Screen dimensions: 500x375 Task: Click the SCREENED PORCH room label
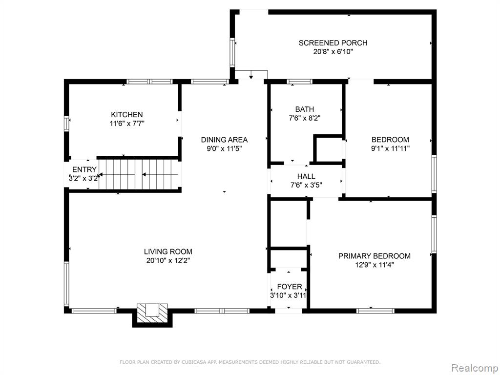[333, 43]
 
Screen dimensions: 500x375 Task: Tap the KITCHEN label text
[126, 114]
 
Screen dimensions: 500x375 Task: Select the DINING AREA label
[224, 139]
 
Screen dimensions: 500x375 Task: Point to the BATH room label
[305, 109]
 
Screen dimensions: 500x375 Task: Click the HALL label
[306, 176]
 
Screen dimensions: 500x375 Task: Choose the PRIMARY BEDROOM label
[375, 256]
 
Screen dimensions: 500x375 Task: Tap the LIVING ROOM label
[168, 251]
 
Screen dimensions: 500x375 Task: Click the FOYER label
[289, 286]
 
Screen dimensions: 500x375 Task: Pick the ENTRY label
[84, 169]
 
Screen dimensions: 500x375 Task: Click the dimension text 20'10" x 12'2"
[168, 261]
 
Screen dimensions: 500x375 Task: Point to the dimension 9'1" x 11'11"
[390, 148]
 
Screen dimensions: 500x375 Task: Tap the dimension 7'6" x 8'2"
[305, 118]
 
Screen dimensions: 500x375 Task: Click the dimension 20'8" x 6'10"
[333, 52]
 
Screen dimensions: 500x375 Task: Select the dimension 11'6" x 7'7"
[127, 124]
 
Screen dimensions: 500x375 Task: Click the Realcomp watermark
[474, 368]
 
